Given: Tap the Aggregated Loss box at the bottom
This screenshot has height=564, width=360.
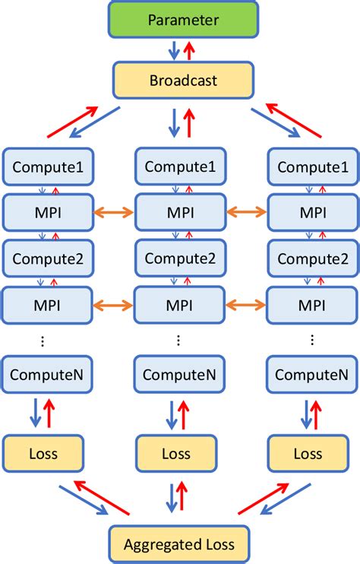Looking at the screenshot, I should point(178,544).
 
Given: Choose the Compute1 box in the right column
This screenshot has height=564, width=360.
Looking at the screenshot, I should point(308,166).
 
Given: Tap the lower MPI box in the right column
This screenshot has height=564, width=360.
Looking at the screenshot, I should point(308,305).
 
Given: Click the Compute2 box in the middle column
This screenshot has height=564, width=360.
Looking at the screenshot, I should point(179,258).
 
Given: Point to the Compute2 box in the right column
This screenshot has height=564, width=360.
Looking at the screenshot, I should point(308,258).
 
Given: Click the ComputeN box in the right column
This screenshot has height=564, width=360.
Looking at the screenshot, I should point(308,374).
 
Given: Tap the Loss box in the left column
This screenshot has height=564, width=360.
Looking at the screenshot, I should point(43,454).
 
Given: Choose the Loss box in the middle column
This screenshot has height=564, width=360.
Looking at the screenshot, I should point(176,454).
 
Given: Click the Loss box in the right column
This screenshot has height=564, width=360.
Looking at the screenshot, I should point(308,454).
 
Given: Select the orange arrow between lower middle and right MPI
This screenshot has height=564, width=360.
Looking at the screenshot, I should point(246,305).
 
